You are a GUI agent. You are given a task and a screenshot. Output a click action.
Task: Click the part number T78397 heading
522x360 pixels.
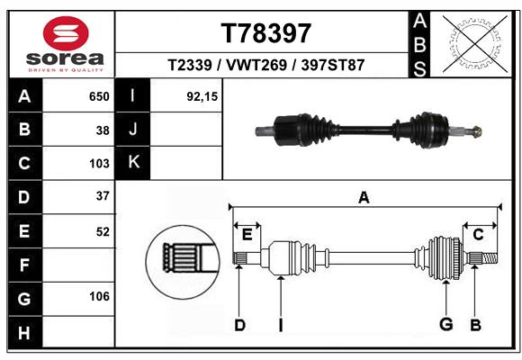click(266, 33)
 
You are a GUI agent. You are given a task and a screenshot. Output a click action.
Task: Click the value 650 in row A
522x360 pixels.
click(99, 96)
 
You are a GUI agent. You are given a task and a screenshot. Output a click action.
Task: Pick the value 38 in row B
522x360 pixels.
click(103, 130)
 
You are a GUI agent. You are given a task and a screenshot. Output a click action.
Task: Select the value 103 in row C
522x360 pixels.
click(99, 164)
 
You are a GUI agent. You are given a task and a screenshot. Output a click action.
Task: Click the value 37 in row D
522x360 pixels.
click(103, 196)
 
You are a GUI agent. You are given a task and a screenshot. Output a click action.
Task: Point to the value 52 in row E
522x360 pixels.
click(103, 231)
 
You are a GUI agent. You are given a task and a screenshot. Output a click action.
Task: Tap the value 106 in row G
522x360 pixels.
click(99, 296)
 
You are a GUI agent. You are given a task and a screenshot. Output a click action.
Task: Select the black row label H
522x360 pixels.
click(23, 333)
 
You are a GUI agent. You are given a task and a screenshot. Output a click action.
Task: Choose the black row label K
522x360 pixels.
click(134, 163)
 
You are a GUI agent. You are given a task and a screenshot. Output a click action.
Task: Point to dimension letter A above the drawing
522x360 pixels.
click(364, 197)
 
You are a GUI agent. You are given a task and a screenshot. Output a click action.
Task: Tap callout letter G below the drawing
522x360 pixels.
click(445, 325)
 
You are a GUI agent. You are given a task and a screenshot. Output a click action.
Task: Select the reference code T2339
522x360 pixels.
click(189, 65)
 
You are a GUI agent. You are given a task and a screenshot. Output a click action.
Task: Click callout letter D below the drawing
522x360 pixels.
click(239, 325)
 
